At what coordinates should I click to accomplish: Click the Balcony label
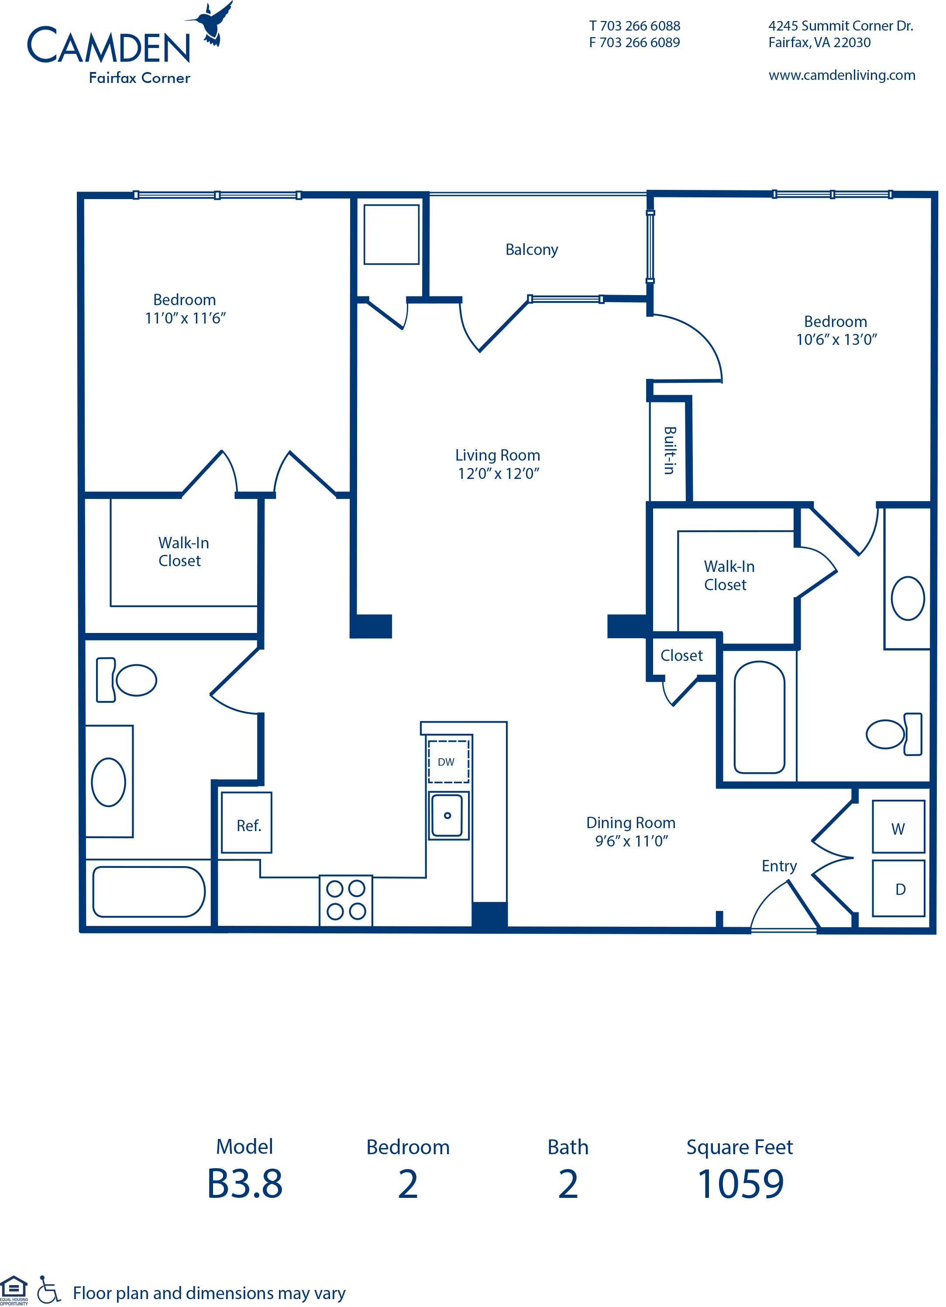click(x=531, y=250)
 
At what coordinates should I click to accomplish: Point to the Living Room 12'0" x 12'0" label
click(x=498, y=464)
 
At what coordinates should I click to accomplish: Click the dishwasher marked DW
click(x=447, y=761)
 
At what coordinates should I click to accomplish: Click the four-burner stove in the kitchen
click(x=346, y=900)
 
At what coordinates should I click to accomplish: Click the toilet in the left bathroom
click(x=128, y=680)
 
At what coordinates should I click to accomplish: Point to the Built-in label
click(x=669, y=450)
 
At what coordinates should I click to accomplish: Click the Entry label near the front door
click(x=779, y=866)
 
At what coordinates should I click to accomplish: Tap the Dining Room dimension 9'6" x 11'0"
click(x=631, y=841)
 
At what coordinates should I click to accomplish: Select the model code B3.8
click(x=244, y=1184)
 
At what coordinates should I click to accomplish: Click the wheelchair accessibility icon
click(x=48, y=1289)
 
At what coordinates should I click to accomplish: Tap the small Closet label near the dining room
click(x=681, y=655)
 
